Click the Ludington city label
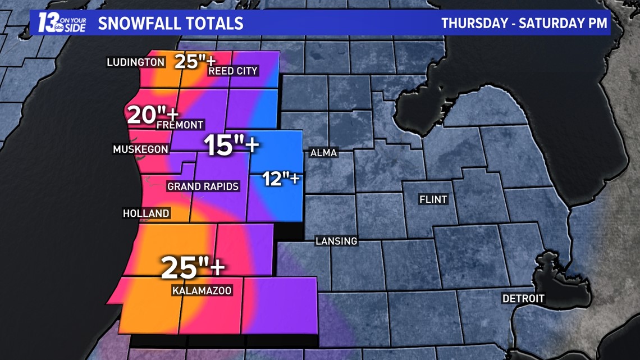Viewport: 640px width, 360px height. click(135, 62)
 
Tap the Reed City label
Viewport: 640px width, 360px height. click(233, 71)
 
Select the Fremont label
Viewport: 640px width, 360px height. click(180, 125)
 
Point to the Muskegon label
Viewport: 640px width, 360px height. click(140, 149)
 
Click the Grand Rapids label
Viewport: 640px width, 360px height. click(203, 186)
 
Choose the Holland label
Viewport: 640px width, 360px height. click(146, 213)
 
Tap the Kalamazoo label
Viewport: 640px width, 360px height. click(202, 290)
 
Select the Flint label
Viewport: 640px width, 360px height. click(433, 199)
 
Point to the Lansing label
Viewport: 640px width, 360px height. click(336, 241)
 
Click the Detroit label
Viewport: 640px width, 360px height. click(523, 298)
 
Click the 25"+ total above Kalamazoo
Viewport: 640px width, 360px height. click(193, 267)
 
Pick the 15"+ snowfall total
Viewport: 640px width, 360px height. click(231, 145)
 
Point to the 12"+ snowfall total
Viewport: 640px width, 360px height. click(281, 180)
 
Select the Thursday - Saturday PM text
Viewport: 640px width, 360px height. click(524, 23)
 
